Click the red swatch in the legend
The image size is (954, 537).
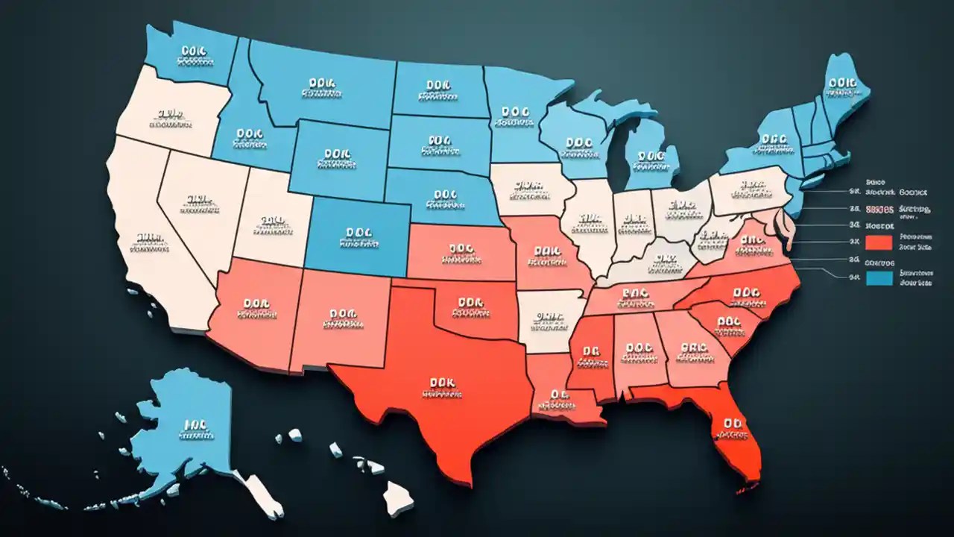click(x=879, y=242)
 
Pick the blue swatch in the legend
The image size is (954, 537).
click(x=879, y=277)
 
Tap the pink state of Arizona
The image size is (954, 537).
click(x=253, y=313)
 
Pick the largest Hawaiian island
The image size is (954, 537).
click(x=399, y=492)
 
